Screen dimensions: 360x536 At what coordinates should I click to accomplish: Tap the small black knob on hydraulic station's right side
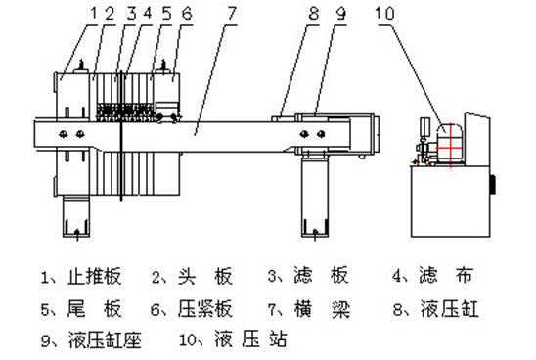pyautogui.click(x=494, y=183)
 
